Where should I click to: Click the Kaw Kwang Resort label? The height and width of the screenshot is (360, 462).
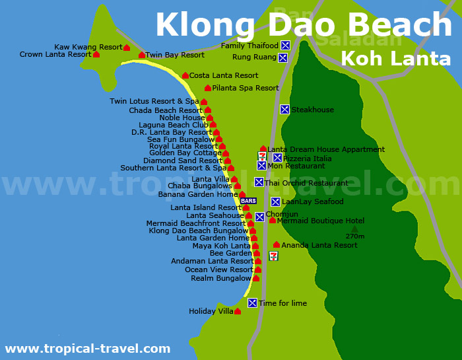(88, 48)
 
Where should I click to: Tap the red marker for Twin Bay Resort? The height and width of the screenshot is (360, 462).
(142, 55)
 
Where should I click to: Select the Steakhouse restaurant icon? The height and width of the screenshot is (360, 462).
(284, 110)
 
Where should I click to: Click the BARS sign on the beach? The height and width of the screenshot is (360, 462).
(248, 201)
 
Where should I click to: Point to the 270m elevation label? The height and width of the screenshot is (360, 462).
(354, 236)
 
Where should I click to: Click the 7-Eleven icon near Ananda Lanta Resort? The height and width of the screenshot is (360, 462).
(273, 256)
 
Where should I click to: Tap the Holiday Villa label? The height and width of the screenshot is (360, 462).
(211, 311)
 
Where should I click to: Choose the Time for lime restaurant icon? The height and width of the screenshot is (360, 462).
(252, 303)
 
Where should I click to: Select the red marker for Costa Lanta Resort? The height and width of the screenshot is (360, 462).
(185, 76)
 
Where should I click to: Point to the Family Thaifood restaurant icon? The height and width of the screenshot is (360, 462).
(285, 46)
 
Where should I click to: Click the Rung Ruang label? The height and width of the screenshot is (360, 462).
(255, 57)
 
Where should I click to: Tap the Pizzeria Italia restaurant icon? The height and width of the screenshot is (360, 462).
(277, 158)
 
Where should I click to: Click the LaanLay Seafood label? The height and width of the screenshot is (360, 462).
(312, 201)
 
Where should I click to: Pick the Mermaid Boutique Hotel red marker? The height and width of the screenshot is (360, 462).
(273, 220)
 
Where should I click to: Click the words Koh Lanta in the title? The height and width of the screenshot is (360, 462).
(395, 58)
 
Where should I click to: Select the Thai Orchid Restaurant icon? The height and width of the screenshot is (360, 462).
(259, 182)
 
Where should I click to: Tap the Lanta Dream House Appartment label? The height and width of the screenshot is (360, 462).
(326, 149)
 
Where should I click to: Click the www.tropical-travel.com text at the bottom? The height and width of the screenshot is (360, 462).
(88, 349)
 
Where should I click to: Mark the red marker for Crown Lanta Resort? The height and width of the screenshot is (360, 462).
(96, 54)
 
